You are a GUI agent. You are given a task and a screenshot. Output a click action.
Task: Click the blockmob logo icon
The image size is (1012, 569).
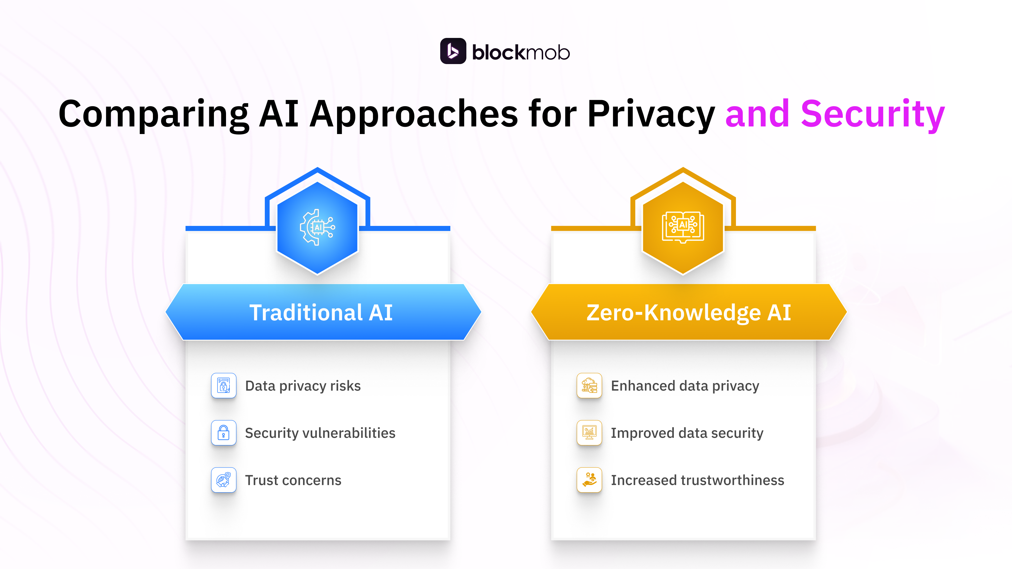coord(453,51)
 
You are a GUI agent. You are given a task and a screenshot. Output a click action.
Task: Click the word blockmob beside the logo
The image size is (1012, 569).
coord(521,52)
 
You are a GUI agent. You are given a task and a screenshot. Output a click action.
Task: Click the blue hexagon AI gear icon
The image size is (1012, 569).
coord(317,227)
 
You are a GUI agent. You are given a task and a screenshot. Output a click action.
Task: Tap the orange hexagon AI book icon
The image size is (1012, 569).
coord(683,227)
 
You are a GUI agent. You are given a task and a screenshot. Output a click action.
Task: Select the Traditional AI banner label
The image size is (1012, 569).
coord(321,312)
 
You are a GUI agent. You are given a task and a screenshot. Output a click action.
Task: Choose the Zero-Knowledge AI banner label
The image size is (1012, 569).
coord(688,312)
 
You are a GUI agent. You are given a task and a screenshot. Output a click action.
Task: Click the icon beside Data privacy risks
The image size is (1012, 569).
coord(223,386)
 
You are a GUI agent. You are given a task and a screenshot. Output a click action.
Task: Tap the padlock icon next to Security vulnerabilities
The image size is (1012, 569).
coord(223,433)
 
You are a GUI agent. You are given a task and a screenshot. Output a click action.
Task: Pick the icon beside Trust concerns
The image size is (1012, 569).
coord(223,480)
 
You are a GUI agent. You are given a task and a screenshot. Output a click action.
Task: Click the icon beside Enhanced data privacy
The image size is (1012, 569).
coord(589,386)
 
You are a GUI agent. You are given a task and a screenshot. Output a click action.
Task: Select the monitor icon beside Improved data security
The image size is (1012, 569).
coord(589,433)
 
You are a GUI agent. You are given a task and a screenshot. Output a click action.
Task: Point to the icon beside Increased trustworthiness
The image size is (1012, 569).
coord(589,480)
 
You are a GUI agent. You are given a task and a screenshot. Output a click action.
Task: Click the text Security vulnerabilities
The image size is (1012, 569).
coord(320,433)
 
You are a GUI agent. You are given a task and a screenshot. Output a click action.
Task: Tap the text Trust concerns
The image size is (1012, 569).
coord(293,480)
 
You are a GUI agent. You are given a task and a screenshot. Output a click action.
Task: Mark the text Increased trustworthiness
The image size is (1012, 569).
coord(697,480)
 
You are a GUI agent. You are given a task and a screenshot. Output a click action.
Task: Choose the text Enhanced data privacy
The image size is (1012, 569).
coord(685,386)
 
